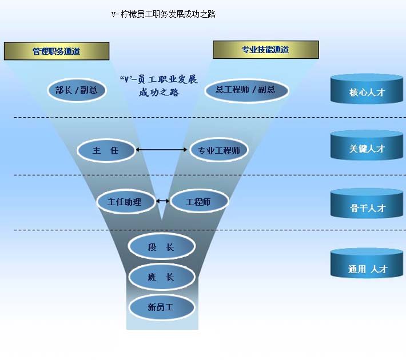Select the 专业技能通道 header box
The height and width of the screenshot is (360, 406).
[265, 50]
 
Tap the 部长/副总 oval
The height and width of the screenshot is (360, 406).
[76, 90]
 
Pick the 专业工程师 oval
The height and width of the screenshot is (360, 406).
[218, 150]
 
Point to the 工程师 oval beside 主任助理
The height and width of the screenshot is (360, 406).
[198, 201]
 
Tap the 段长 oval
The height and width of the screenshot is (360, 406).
[161, 247]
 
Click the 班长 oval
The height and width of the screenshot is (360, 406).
[161, 277]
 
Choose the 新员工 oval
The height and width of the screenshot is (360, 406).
[161, 307]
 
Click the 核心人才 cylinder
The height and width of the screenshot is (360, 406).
[367, 90]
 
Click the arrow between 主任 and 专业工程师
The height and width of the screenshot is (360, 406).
[162, 150]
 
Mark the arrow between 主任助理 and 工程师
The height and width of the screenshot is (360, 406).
[162, 201]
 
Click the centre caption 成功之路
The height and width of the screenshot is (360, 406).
[158, 91]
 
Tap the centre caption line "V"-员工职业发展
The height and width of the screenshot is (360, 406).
[158, 79]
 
